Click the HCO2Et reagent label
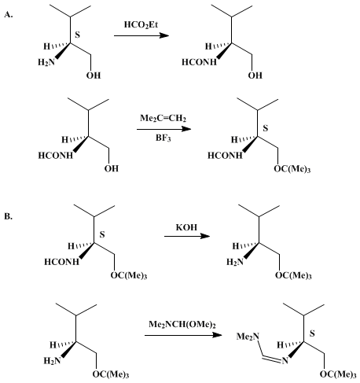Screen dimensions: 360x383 click(x=141, y=25)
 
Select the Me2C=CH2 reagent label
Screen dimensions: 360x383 click(x=163, y=118)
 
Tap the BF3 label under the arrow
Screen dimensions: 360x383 click(x=163, y=138)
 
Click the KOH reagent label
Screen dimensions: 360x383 click(x=186, y=227)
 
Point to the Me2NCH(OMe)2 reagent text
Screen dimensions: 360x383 click(x=182, y=325)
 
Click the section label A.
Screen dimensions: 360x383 click(x=9, y=15)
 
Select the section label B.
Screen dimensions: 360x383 click(x=8, y=216)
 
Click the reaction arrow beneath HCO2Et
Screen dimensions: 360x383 click(x=141, y=35)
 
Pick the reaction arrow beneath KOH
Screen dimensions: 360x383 click(x=187, y=236)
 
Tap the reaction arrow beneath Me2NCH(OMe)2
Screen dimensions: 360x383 click(x=183, y=335)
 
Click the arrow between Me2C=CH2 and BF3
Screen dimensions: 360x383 click(x=164, y=129)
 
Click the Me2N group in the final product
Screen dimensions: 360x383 click(x=248, y=337)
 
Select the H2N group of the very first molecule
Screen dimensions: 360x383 click(x=46, y=62)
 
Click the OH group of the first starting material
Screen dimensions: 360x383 click(x=94, y=75)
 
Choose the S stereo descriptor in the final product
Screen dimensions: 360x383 click(x=312, y=333)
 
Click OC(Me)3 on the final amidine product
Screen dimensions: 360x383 click(x=338, y=374)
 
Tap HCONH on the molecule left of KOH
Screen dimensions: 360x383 click(x=61, y=262)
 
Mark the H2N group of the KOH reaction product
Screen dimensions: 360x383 click(x=235, y=262)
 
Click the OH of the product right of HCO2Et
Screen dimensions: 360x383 click(x=255, y=75)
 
